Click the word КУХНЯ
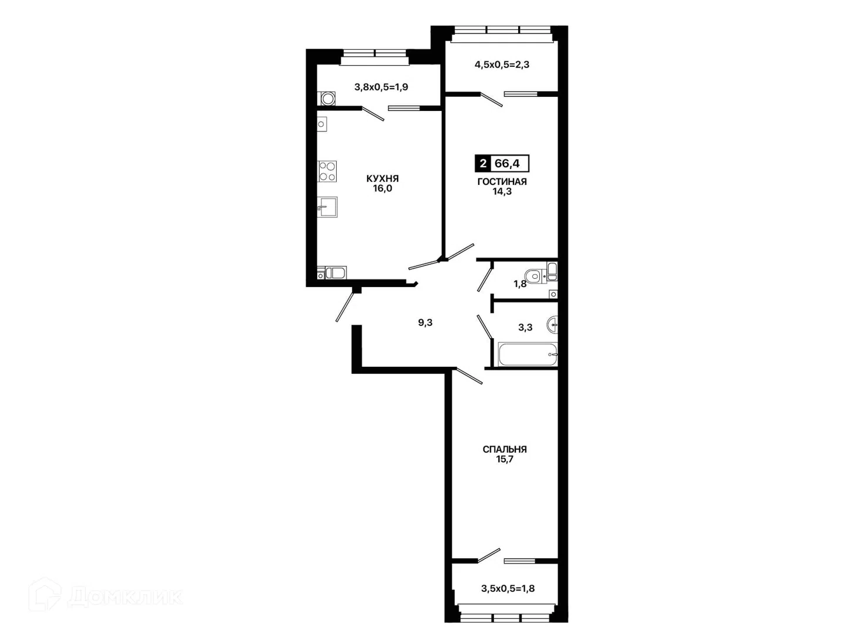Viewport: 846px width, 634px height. pos(382,178)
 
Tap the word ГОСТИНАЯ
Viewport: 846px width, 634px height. pos(502,182)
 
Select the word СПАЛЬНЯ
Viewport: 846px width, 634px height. pos(505,449)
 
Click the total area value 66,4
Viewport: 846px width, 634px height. pos(507,164)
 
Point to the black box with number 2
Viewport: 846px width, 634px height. pos(482,164)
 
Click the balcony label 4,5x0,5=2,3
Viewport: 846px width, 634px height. pos(502,65)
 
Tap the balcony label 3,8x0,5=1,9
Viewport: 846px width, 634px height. pos(381,87)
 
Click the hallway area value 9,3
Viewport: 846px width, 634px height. pos(425,323)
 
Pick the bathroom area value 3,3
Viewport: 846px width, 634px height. pos(525,328)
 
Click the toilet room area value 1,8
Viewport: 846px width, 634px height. pos(520,284)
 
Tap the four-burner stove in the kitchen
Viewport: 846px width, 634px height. pos(327,171)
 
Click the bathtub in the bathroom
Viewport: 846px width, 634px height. pos(528,354)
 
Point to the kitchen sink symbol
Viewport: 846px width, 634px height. pos(327,207)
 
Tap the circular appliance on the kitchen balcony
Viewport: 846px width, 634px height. pos(328,99)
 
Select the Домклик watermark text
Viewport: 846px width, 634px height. pos(125,597)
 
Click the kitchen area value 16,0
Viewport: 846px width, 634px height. pos(382,188)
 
